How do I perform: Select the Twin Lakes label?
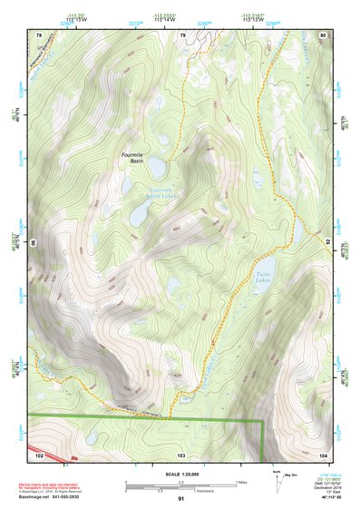tap(263, 278)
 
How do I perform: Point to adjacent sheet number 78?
tap(39, 34)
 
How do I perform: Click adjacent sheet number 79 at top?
tap(182, 34)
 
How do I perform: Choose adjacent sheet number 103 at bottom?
tap(181, 454)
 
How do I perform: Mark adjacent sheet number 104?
tap(323, 454)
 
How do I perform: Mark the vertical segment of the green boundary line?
tap(263, 439)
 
